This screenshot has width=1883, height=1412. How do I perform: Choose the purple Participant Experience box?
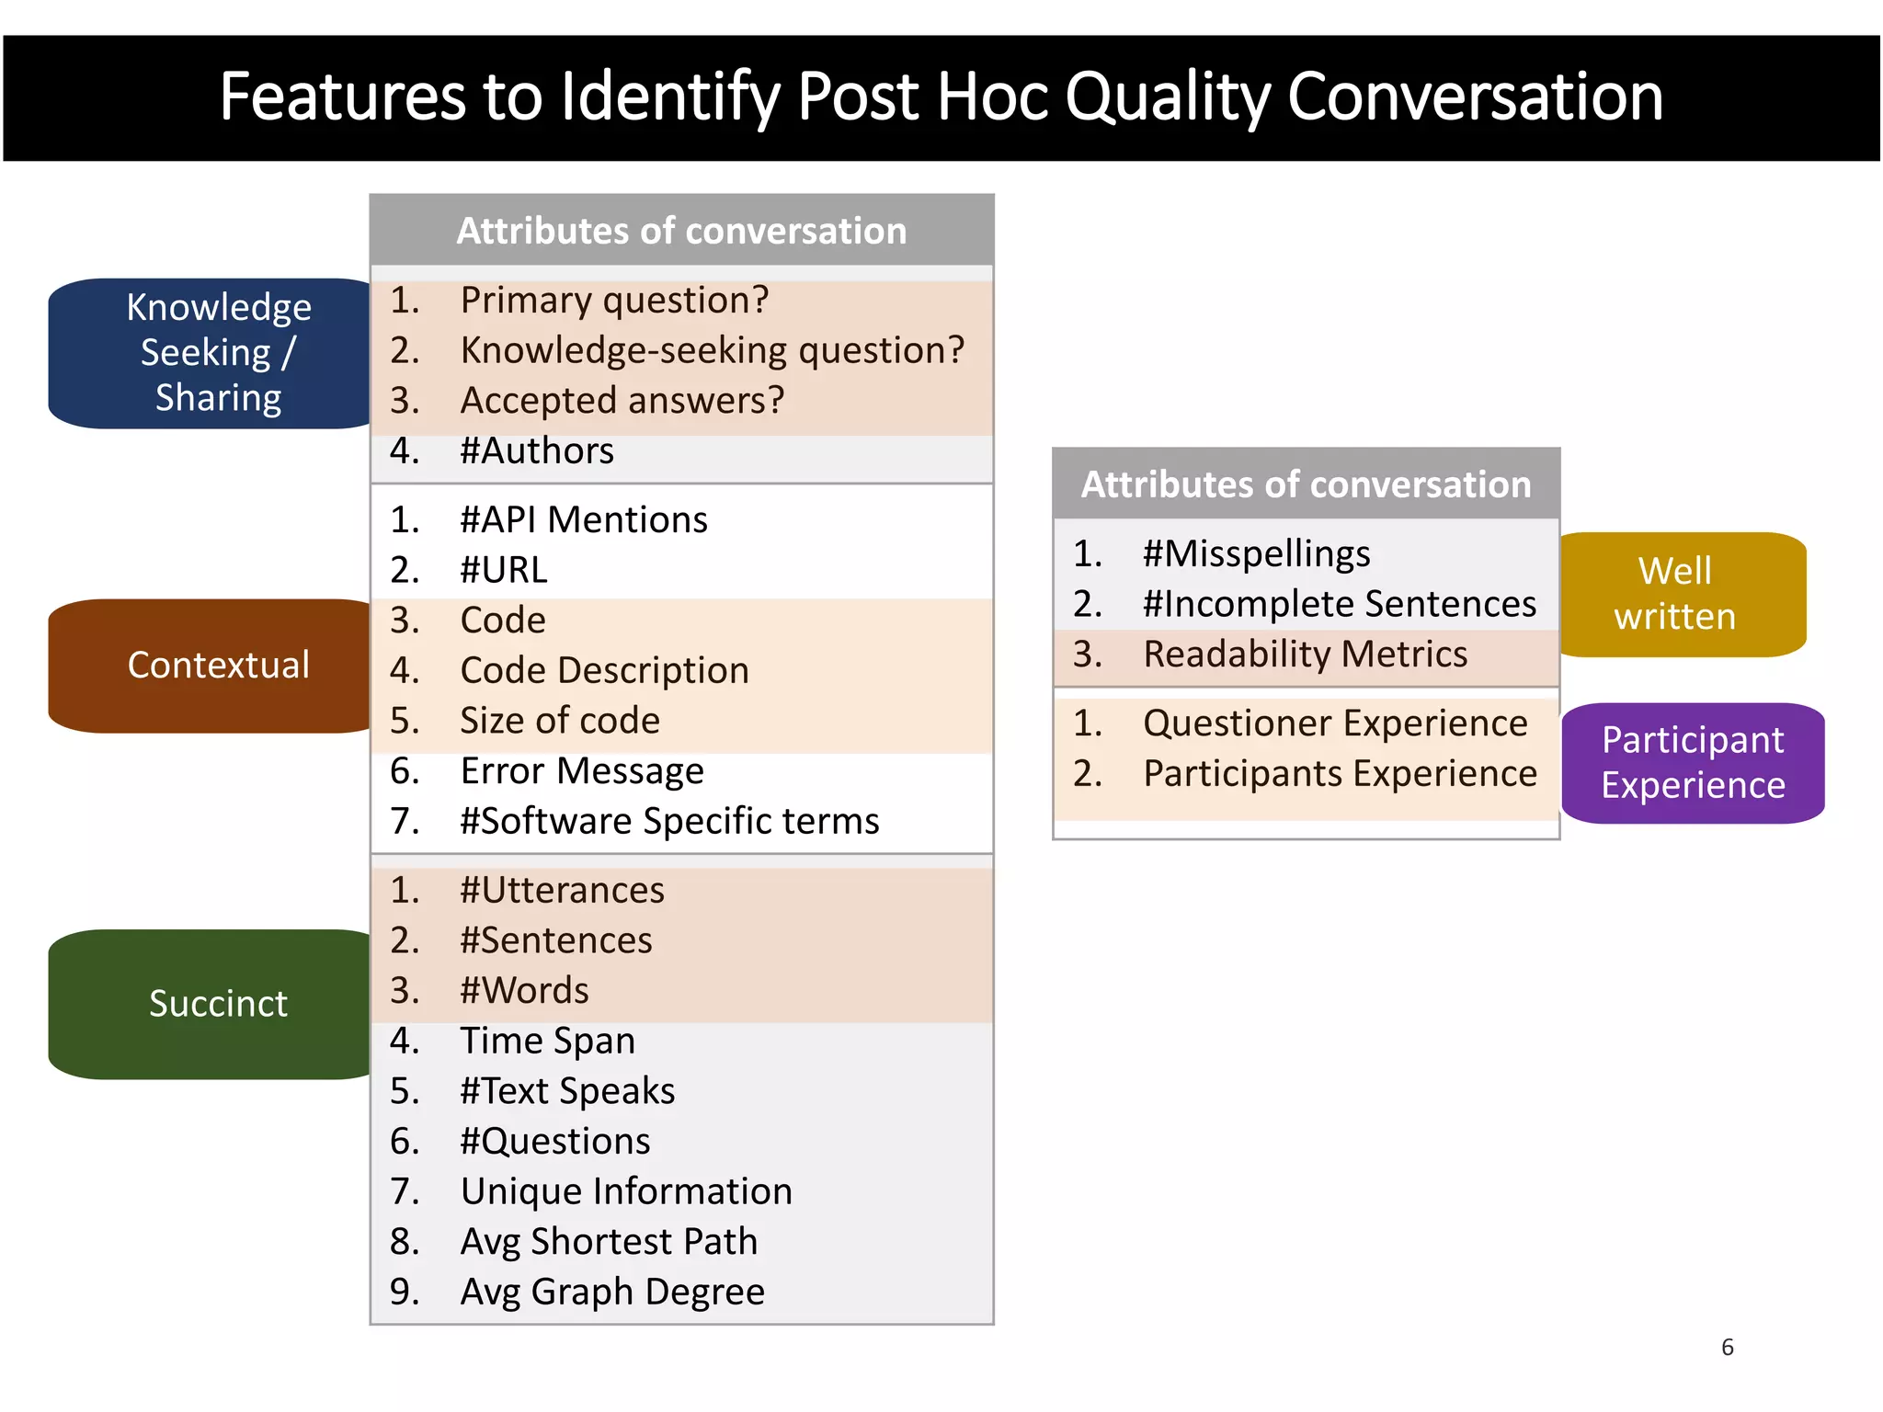coord(1692,763)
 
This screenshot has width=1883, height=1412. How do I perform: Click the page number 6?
coord(1727,1348)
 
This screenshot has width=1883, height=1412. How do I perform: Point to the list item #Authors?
coord(536,451)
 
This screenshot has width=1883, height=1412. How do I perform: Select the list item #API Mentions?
coord(583,520)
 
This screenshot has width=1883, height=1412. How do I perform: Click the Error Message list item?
coord(581,771)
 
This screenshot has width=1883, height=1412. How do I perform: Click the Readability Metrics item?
coord(1304,655)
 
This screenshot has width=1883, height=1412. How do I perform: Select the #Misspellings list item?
coord(1256,554)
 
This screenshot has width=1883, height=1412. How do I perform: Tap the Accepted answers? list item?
coord(622,401)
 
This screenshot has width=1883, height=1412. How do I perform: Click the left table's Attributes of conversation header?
coord(681,231)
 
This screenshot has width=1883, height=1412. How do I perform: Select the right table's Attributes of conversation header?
coord(1306,484)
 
